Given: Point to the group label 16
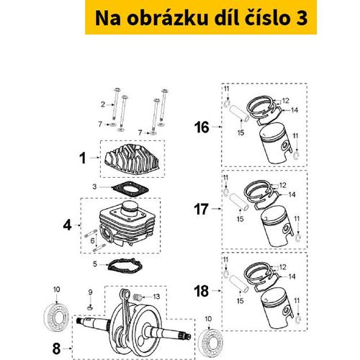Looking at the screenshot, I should (202, 127).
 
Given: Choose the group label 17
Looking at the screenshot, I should (202, 210).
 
